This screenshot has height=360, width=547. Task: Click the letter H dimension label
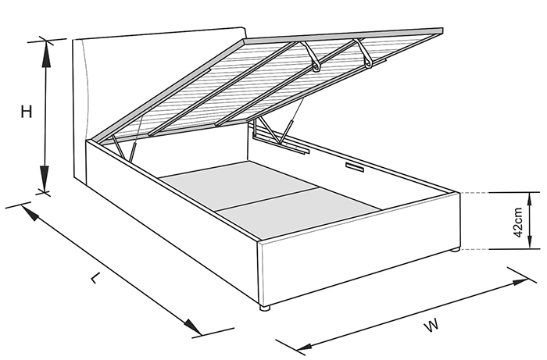26,112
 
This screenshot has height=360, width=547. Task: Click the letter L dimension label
95,278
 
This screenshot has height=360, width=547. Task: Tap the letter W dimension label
431,326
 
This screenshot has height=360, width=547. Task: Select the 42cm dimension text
518,223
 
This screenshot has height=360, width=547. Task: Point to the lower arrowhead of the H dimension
45,178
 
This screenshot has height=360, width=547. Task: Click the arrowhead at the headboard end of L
30,212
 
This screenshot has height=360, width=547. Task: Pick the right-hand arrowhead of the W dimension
519,282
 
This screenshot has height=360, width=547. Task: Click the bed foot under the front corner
265,308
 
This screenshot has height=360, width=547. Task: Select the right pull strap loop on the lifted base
364,52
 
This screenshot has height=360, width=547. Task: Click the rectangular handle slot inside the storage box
355,167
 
